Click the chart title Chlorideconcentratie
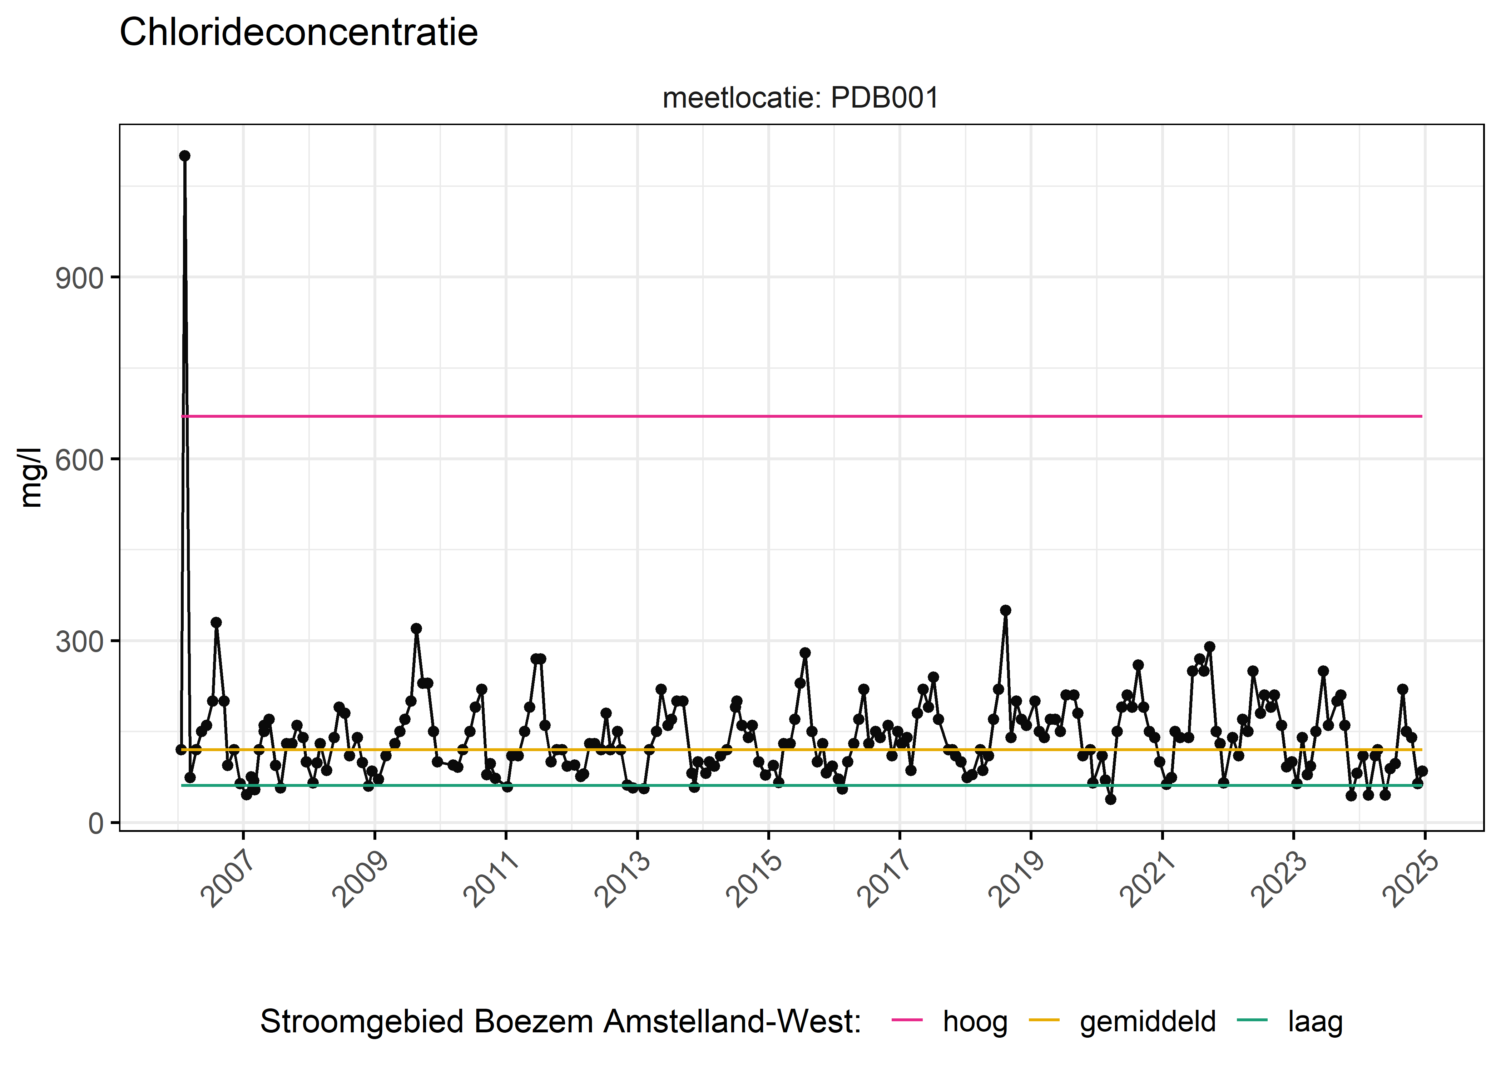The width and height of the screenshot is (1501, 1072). [x=298, y=33]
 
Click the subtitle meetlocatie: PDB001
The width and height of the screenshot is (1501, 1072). [x=800, y=98]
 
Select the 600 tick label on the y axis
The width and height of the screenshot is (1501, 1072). [x=79, y=460]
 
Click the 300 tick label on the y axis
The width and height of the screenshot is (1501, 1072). [x=79, y=642]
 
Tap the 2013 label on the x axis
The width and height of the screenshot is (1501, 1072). [x=623, y=880]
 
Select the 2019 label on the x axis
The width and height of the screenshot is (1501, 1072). [x=1016, y=880]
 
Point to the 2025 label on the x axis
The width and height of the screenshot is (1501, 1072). [x=1411, y=880]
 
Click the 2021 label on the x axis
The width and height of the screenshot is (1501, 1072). [x=1148, y=880]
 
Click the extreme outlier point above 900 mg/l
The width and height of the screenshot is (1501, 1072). [x=185, y=156]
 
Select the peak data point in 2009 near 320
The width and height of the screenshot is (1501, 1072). [x=416, y=629]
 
